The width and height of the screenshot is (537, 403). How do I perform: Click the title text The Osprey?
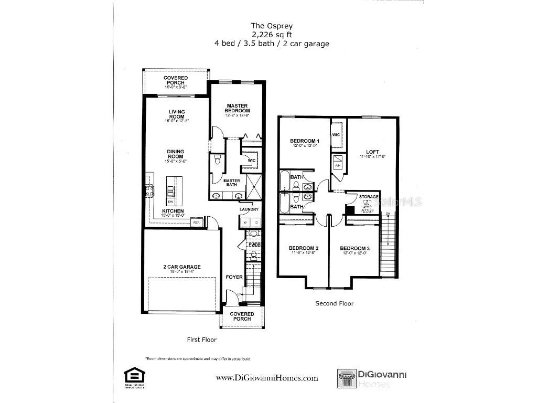[271, 25]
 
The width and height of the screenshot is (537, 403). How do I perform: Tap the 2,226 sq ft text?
[271, 34]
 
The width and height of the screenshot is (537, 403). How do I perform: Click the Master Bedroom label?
[237, 108]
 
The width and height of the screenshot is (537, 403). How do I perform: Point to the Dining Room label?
[176, 154]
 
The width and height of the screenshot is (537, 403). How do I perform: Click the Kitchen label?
[173, 211]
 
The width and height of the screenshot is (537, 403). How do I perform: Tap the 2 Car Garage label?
[181, 267]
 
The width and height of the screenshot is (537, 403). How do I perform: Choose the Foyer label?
[234, 277]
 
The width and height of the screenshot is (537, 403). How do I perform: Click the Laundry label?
[249, 209]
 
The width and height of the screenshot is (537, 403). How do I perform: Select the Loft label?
[372, 152]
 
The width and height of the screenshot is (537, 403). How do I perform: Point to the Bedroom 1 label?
[305, 141]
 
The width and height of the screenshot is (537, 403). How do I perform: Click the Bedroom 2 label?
[303, 248]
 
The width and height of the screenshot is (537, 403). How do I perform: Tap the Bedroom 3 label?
[355, 248]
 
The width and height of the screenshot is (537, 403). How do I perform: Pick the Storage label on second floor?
[368, 197]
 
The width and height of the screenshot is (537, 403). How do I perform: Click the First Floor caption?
[201, 340]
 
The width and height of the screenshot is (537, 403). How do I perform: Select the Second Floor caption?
[334, 303]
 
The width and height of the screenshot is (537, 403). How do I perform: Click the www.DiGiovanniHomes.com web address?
[267, 378]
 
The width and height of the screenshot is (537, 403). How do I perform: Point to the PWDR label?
[254, 245]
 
